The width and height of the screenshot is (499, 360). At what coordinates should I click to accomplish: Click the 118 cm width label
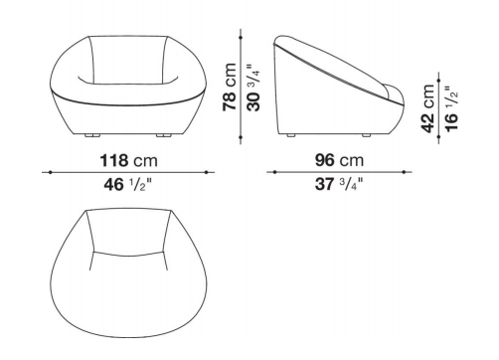click(x=129, y=160)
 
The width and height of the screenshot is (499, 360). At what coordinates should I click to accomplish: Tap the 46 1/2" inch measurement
click(x=128, y=184)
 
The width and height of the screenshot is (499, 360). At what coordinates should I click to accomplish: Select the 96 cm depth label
click(x=339, y=160)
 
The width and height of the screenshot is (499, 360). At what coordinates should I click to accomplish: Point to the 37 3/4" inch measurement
click(x=339, y=184)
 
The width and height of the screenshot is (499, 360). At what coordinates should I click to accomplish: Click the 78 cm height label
click(x=230, y=87)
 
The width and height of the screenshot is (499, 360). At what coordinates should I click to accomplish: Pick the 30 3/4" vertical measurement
click(x=253, y=88)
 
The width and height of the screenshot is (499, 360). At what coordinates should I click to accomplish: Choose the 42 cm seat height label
click(x=427, y=108)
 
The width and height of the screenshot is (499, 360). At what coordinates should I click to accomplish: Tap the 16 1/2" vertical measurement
click(x=451, y=109)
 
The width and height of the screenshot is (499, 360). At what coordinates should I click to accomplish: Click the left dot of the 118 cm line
click(x=50, y=172)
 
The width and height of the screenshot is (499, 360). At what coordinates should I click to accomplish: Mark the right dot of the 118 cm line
click(x=206, y=172)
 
